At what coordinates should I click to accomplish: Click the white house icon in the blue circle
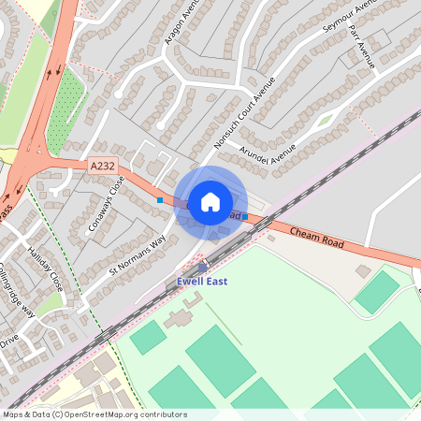click(x=210, y=201)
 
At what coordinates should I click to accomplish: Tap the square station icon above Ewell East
click(x=202, y=268)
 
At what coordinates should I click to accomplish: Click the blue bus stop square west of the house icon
click(x=160, y=200)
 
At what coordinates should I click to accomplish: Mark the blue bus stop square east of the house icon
click(x=245, y=216)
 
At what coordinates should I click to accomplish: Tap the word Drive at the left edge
click(x=8, y=343)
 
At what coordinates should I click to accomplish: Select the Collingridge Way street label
click(x=17, y=300)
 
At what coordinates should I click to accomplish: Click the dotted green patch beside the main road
click(x=65, y=113)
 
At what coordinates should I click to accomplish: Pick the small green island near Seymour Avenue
click(x=325, y=120)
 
